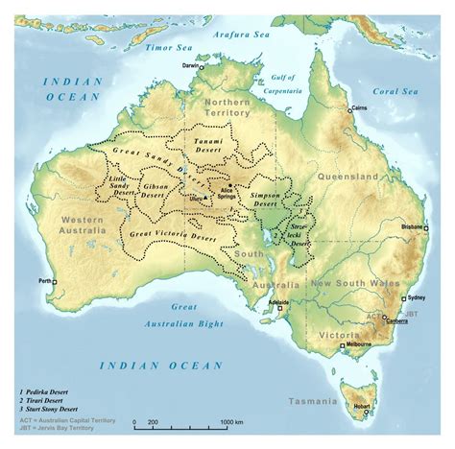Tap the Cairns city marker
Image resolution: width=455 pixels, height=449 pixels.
coord(351,111)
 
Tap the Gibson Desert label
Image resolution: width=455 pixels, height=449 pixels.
coord(155,190)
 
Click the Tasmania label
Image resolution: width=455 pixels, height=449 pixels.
coord(316,400)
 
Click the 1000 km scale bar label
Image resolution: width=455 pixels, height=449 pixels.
coord(231,422)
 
